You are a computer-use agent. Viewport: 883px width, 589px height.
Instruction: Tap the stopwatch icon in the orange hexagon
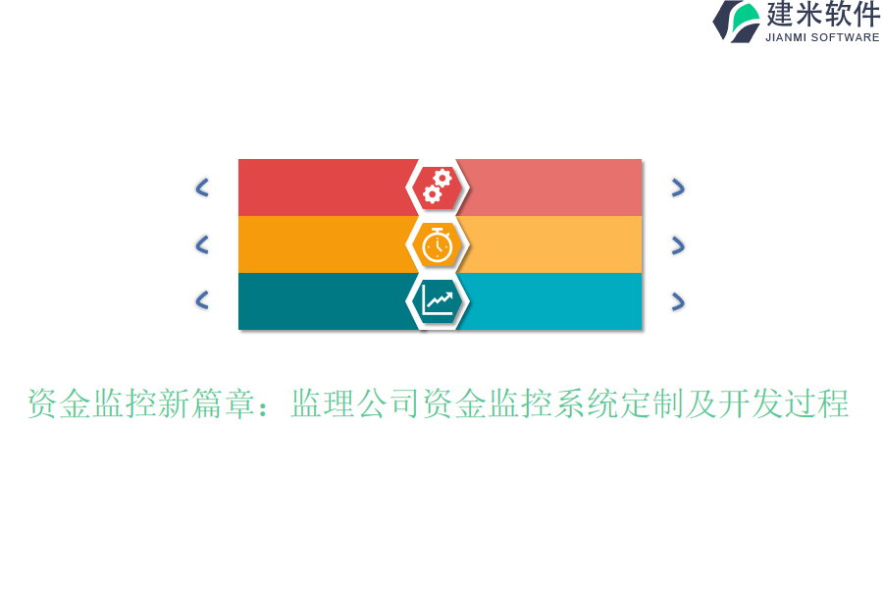pos(438,244)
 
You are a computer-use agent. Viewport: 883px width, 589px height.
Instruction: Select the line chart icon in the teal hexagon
pos(438,300)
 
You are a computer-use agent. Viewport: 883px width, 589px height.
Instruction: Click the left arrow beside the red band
pos(202,187)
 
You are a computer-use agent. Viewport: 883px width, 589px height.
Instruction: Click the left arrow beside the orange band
pos(202,244)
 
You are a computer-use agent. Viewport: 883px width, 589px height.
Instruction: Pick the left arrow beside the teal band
pos(202,300)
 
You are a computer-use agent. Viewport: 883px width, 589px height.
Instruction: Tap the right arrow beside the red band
pos(677,187)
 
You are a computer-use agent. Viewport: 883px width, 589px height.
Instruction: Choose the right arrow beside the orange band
pos(677,245)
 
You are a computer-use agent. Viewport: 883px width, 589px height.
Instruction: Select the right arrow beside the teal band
pos(677,301)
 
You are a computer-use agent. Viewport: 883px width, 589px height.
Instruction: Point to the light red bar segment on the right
pos(554,187)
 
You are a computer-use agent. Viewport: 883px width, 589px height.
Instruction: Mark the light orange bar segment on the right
pos(554,244)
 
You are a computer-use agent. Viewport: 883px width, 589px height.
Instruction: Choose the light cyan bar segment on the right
pos(554,300)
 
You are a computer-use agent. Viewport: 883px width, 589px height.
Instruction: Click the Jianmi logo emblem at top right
pos(737,22)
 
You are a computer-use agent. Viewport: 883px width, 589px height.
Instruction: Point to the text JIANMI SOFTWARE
pos(822,37)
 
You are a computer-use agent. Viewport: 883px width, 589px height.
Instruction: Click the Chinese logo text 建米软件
pos(822,15)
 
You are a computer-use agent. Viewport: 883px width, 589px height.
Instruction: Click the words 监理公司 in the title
pos(356,403)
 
